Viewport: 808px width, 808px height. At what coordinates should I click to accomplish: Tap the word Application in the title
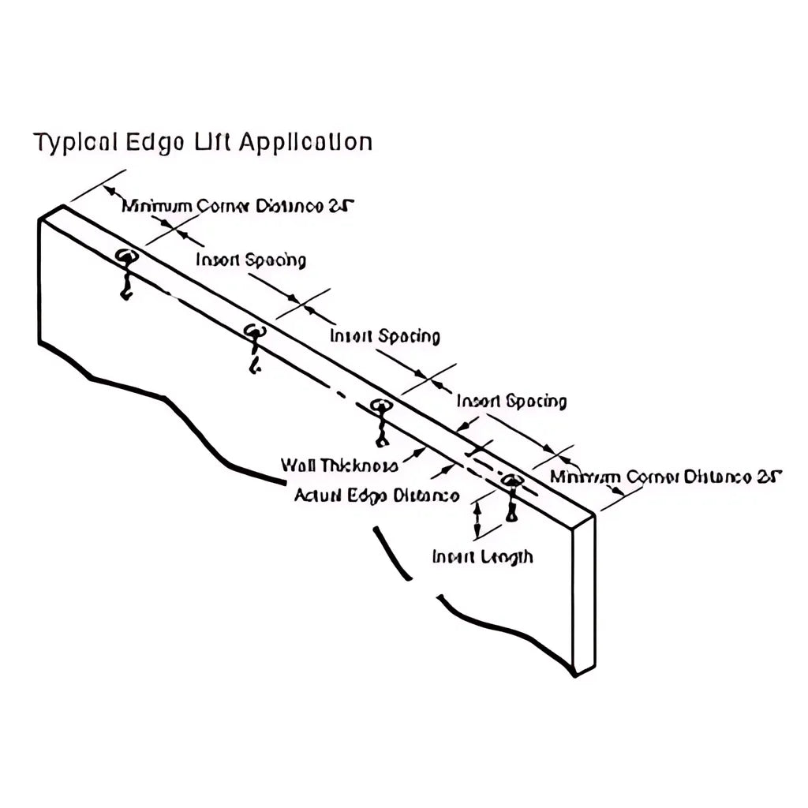(305, 143)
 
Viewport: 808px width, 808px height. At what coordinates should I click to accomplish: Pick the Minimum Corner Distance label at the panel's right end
(665, 477)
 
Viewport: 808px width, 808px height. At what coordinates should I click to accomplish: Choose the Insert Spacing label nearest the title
(251, 260)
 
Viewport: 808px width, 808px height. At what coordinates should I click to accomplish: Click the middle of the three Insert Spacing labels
(384, 336)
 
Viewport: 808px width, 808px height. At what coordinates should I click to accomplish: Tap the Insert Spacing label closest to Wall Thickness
(511, 402)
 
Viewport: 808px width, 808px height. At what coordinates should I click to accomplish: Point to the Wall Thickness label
(339, 466)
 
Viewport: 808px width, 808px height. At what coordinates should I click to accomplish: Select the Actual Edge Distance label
(376, 496)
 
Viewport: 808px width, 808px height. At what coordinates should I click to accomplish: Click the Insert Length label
(482, 557)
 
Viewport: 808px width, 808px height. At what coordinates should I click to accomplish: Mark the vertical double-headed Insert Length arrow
(477, 521)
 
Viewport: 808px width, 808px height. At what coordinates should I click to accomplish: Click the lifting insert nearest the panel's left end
(125, 260)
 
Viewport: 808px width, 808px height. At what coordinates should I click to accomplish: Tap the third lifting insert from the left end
(382, 409)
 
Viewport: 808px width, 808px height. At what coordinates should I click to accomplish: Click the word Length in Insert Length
(507, 557)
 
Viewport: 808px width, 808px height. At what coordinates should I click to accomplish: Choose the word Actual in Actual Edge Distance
(316, 496)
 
